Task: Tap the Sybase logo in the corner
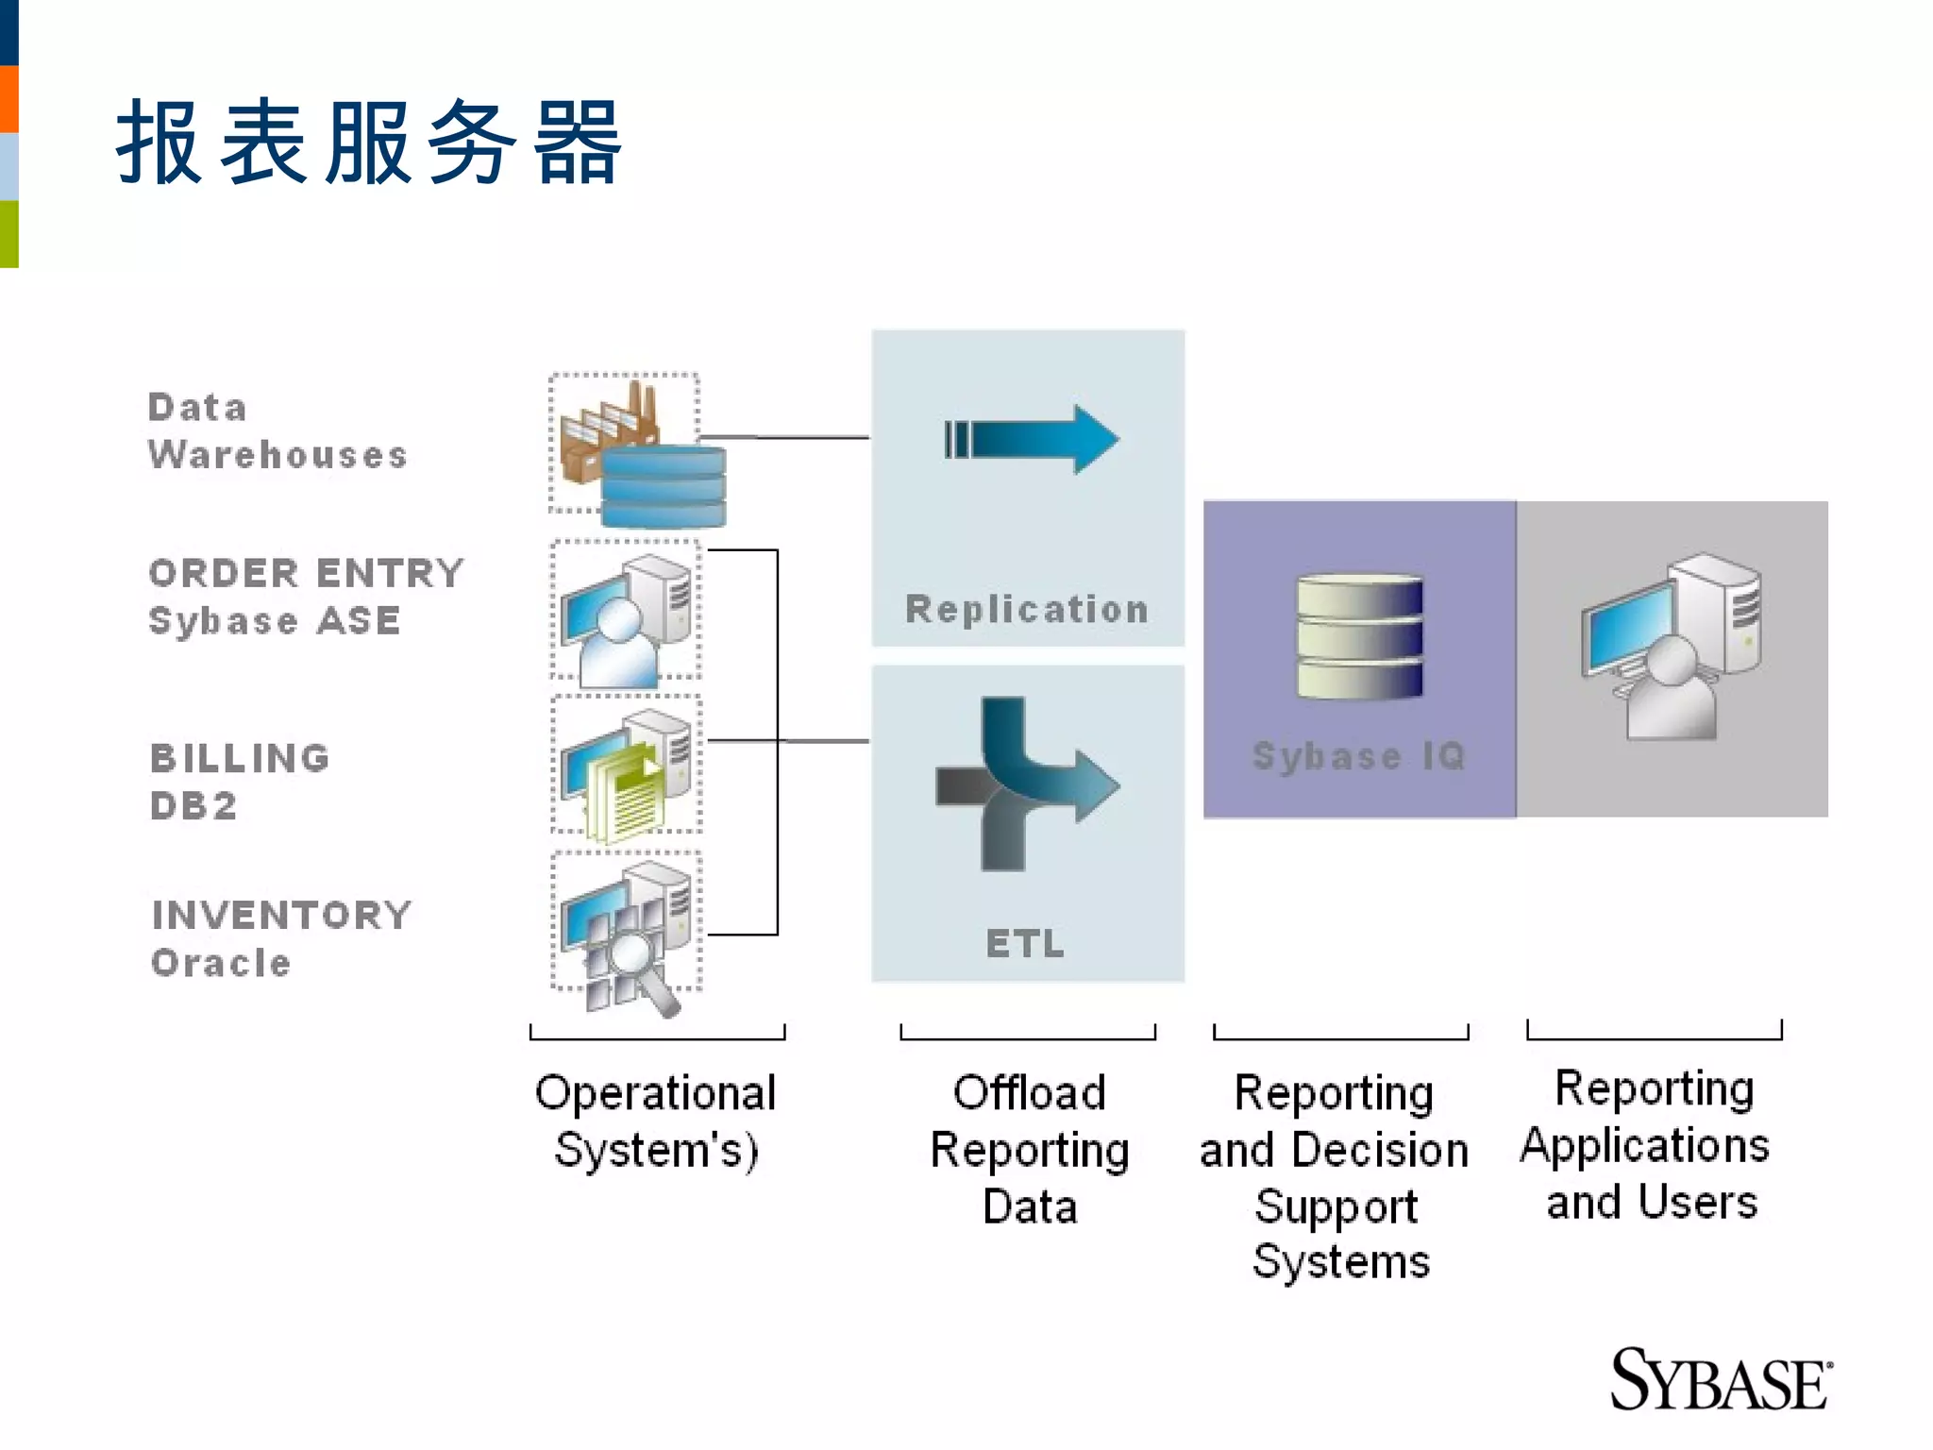tap(1720, 1380)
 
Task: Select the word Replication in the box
tap(1027, 609)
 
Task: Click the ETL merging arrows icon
tap(1024, 784)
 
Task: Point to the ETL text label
tap(1025, 943)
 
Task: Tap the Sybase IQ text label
tap(1359, 755)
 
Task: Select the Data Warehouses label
tap(277, 431)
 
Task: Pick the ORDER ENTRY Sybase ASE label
tap(306, 597)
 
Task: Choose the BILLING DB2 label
tap(240, 782)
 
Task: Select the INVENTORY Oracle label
tap(281, 938)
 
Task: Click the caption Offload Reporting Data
tap(1029, 1149)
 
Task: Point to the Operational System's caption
tap(656, 1121)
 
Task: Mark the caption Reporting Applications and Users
tap(1652, 1144)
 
